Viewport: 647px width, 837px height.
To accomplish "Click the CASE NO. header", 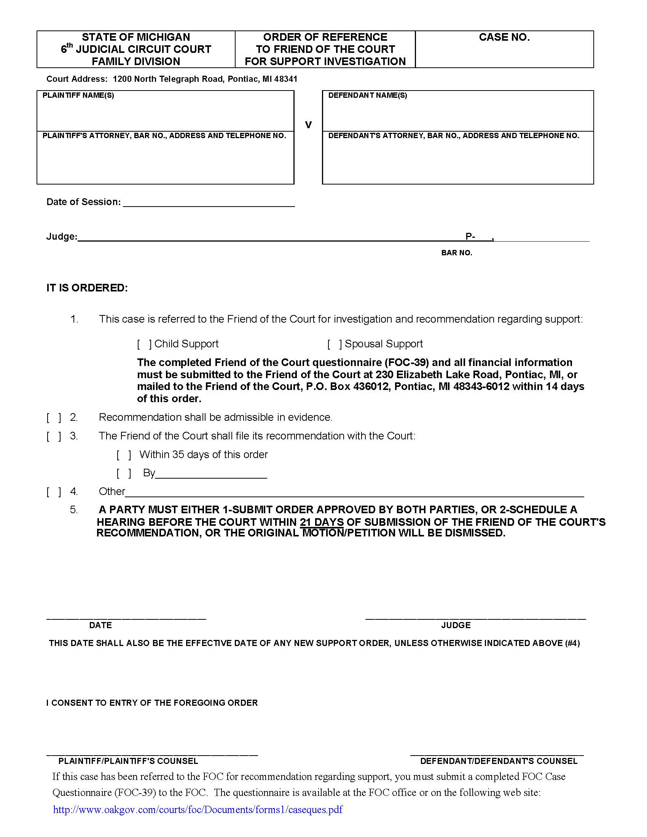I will (x=504, y=37).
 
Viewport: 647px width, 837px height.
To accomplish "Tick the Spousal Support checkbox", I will (x=334, y=344).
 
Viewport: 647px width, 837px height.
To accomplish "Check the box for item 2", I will (x=54, y=417).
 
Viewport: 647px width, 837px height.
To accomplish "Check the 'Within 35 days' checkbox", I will (x=124, y=455).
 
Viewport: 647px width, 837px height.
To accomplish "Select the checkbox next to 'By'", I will (x=124, y=473).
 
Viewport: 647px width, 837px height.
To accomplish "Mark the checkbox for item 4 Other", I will (x=54, y=492).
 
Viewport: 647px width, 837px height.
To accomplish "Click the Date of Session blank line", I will (x=209, y=202).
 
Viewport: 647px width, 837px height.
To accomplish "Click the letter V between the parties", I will (x=308, y=125).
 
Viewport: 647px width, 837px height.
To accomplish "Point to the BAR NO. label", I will (x=456, y=253).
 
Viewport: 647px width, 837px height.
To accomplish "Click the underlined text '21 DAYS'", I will (x=322, y=522).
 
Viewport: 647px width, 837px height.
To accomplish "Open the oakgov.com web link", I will (x=198, y=810).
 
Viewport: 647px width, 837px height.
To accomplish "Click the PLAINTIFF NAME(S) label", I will (x=78, y=95).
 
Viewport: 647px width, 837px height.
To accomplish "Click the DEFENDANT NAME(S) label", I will (x=367, y=95).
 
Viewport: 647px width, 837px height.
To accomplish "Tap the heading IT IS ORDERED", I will (x=87, y=288).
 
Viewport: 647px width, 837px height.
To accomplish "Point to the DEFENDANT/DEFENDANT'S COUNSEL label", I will (x=499, y=761).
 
